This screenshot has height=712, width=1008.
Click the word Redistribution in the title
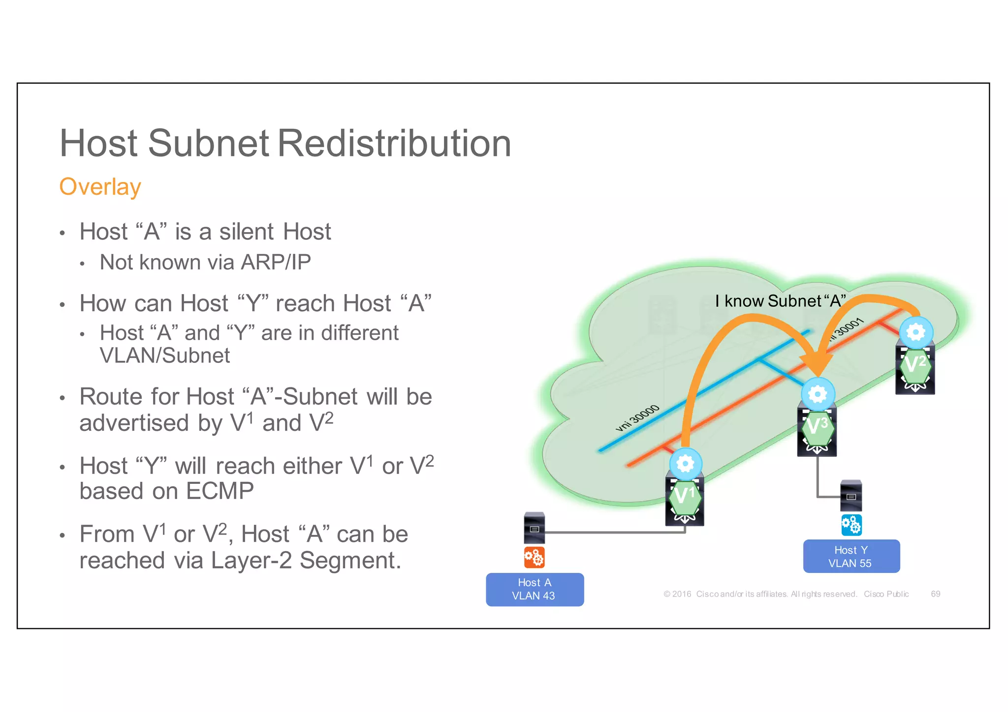pyautogui.click(x=395, y=144)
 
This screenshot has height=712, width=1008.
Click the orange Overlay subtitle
pyautogui.click(x=100, y=187)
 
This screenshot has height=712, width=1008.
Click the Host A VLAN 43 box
pyautogui.click(x=535, y=589)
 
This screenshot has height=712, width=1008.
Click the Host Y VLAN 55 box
pyautogui.click(x=851, y=556)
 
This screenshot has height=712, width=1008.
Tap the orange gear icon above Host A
pyautogui.click(x=534, y=557)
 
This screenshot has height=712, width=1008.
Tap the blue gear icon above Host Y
pyautogui.click(x=851, y=525)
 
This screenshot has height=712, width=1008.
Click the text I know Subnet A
pyautogui.click(x=780, y=301)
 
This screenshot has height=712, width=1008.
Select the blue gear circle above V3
pyautogui.click(x=818, y=394)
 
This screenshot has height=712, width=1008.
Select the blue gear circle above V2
pyautogui.click(x=915, y=332)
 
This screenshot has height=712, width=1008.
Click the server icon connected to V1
pyautogui.click(x=535, y=528)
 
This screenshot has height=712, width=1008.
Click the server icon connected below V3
pyautogui.click(x=851, y=496)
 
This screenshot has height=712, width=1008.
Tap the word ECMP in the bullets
pyautogui.click(x=220, y=491)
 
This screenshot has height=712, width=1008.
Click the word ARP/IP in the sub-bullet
pyautogui.click(x=276, y=262)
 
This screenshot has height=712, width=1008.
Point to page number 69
pyautogui.click(x=935, y=594)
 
